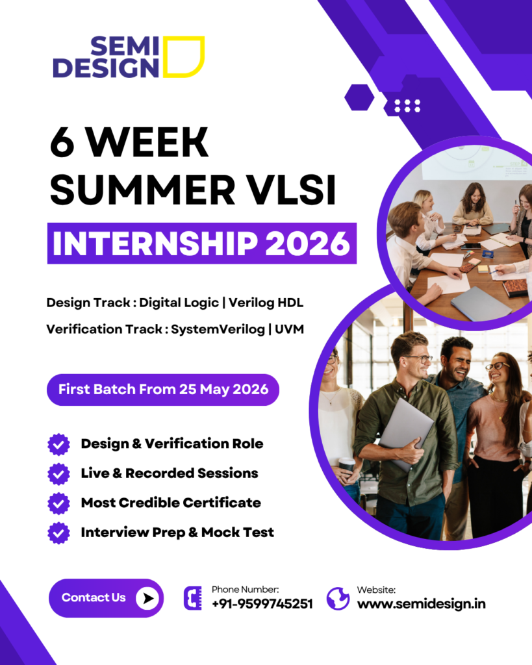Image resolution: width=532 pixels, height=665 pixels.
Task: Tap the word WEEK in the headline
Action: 147,142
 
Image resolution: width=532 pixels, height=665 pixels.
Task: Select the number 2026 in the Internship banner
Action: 308,244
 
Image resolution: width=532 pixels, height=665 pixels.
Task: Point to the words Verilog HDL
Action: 266,303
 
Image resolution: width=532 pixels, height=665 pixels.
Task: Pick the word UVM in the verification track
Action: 289,329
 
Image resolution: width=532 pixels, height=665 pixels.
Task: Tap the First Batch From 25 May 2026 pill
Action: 163,390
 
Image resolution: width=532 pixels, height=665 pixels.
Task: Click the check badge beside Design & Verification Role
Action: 58,444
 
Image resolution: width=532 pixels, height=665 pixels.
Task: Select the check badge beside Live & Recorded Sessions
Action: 58,473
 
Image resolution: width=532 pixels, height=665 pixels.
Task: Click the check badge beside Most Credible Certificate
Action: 58,503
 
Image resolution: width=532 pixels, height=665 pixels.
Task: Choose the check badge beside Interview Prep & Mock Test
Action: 58,533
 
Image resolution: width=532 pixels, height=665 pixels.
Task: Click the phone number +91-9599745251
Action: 262,603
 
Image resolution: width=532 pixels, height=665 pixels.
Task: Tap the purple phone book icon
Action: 193,598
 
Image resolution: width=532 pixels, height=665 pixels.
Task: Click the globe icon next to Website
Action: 338,599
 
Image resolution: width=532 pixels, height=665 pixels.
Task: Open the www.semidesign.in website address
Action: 422,603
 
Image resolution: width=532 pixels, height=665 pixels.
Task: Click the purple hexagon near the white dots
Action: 359,97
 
